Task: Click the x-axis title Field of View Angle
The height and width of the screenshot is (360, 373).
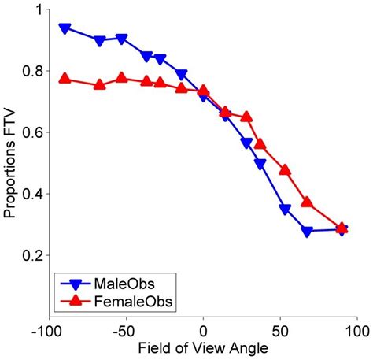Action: (x=203, y=347)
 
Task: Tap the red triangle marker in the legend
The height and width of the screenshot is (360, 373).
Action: (x=76, y=301)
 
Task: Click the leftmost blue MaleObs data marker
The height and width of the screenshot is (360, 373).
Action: (x=65, y=28)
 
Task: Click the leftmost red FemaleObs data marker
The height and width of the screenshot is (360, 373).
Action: (x=65, y=79)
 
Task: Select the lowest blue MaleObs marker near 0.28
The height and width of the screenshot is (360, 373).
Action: (x=307, y=232)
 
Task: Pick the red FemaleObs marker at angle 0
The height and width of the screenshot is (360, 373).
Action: (x=203, y=91)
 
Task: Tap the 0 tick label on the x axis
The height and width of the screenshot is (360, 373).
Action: (x=203, y=328)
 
